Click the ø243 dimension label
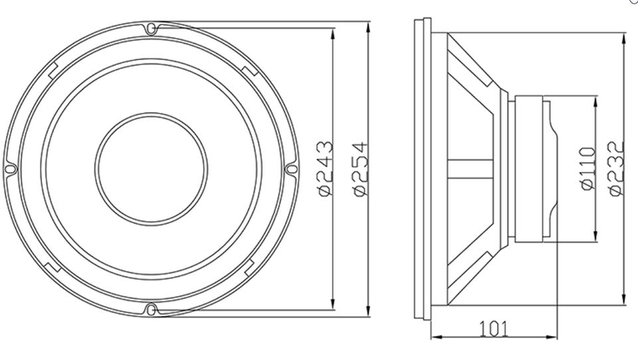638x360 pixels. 326,169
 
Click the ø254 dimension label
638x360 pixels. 360,169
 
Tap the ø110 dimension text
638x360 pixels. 587,169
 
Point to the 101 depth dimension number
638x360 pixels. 494,329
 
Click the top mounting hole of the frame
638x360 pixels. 151,29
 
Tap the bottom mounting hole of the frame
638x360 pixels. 151,310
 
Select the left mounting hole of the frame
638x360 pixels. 10,169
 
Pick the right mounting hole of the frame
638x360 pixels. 292,169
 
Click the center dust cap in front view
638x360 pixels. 151,169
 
